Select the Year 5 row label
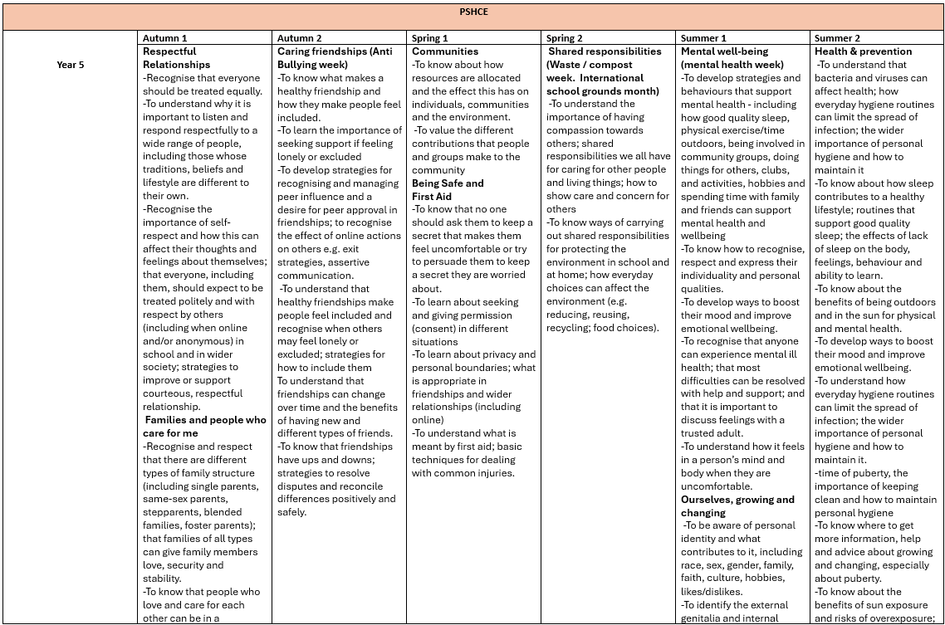click(x=70, y=65)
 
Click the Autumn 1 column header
click(x=165, y=38)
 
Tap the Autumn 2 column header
click(x=300, y=38)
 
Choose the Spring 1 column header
click(x=430, y=38)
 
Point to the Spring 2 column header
click(x=565, y=38)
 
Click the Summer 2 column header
click(x=837, y=38)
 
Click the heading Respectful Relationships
click(x=176, y=57)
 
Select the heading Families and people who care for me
click(x=205, y=427)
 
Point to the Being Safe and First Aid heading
click(x=447, y=189)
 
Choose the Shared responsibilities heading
click(x=605, y=51)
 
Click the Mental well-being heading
click(x=732, y=57)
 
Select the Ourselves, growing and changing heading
click(x=737, y=505)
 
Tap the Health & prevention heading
click(x=863, y=51)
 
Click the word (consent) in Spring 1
click(x=434, y=328)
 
